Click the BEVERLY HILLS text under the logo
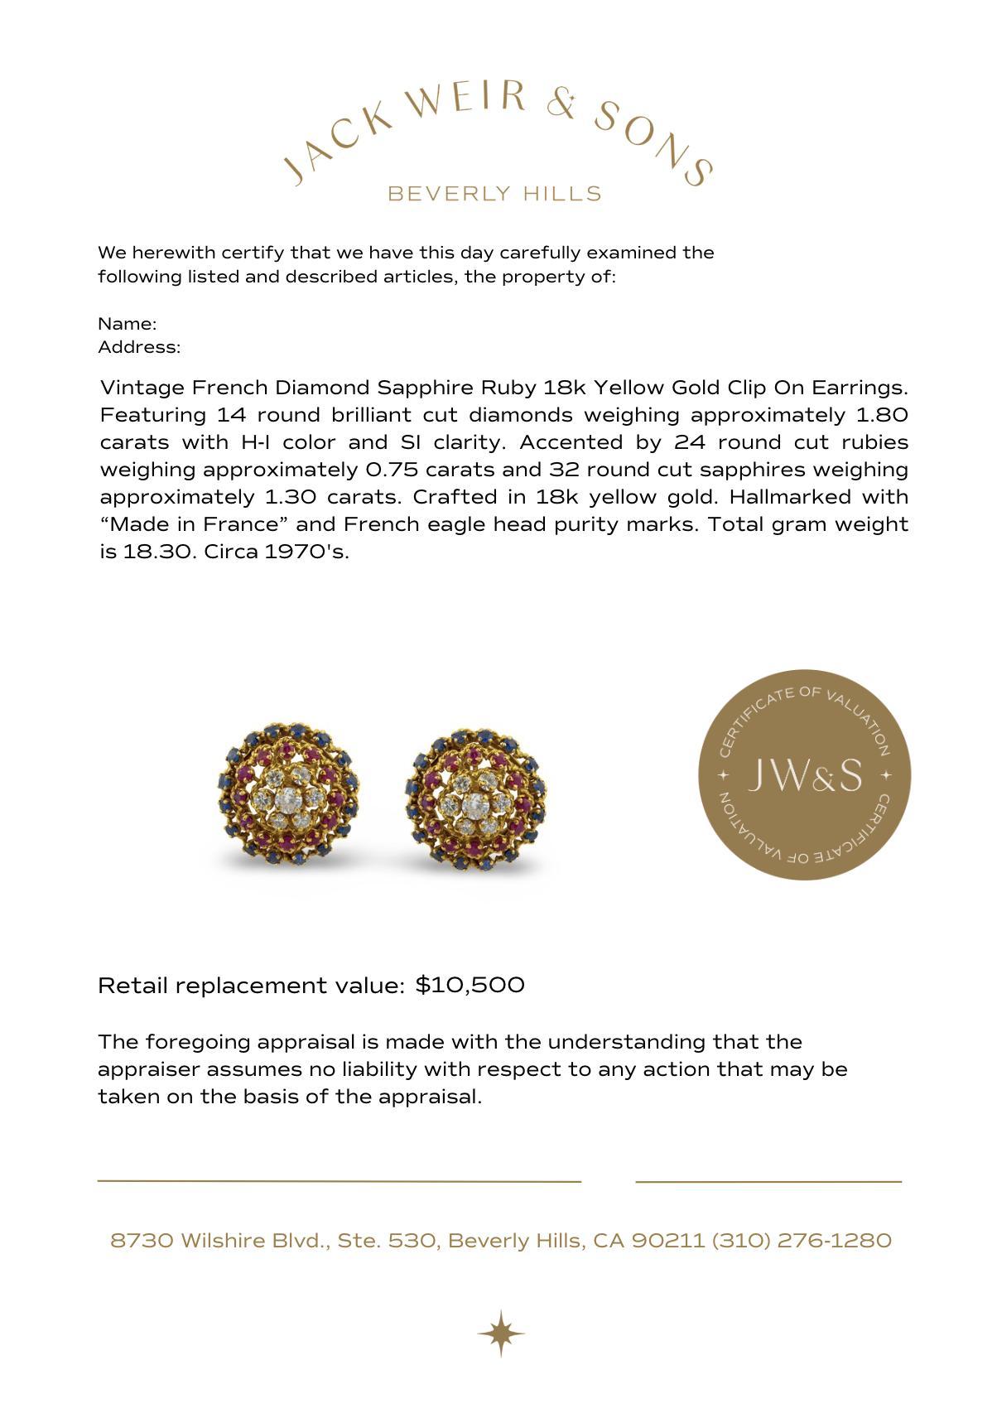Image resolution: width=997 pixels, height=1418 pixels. [x=494, y=194]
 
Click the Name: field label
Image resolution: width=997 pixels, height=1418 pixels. [x=128, y=324]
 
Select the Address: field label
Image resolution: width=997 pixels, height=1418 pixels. [x=139, y=347]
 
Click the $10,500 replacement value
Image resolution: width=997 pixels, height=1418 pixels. [x=470, y=985]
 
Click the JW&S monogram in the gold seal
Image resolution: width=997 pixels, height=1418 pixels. [x=804, y=775]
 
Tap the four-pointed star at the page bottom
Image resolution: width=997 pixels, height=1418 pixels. [x=500, y=1334]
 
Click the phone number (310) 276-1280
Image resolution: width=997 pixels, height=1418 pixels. [x=802, y=1240]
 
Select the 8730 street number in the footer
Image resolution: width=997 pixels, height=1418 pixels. [x=142, y=1240]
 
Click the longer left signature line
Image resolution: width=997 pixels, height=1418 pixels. [x=339, y=1180]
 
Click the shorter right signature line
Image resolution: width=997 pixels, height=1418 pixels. [x=768, y=1181]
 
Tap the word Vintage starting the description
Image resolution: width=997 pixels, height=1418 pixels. [x=142, y=388]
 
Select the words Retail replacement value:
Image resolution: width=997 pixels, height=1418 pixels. [x=251, y=985]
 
